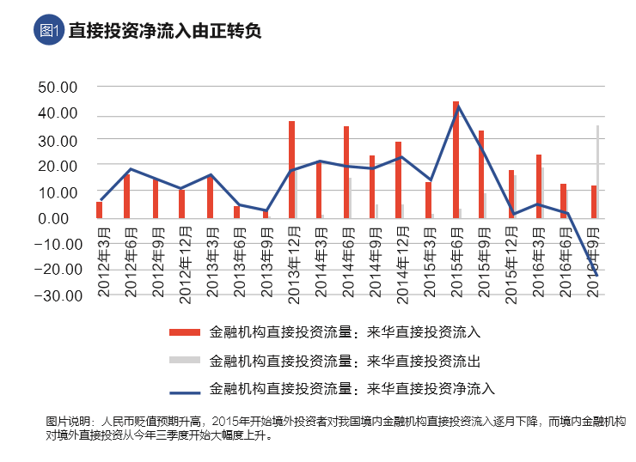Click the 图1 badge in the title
tap(48, 30)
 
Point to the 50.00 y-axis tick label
tap(58, 87)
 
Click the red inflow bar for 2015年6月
tap(456, 159)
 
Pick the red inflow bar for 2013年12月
tap(291, 169)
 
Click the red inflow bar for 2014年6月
tap(346, 172)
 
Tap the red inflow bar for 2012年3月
tap(99, 210)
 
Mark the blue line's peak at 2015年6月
tap(458, 106)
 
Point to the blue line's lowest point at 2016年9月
tap(594, 272)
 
